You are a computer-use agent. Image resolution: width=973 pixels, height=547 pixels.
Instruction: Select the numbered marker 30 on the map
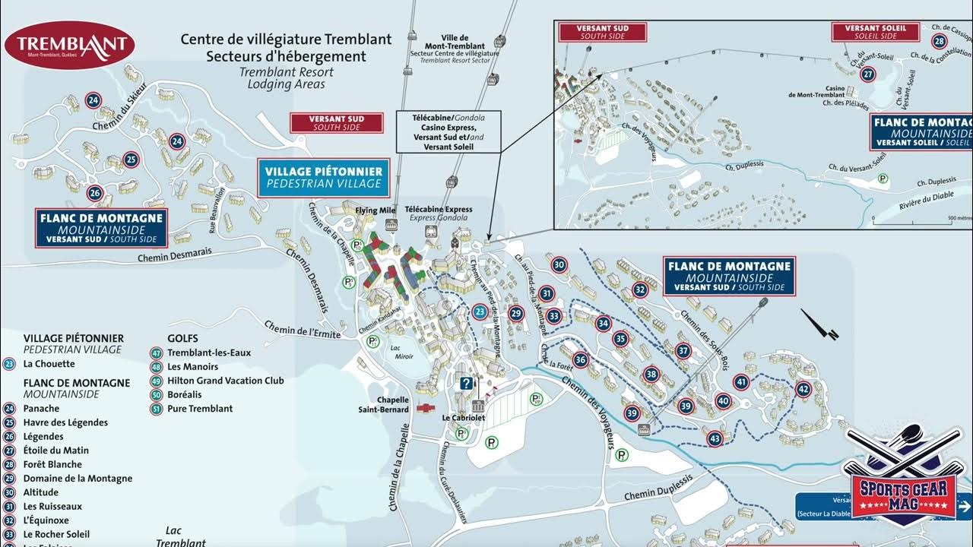(559, 265)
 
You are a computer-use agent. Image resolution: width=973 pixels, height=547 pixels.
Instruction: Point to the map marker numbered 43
(715, 438)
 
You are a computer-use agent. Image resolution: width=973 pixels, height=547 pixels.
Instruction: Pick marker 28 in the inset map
(940, 42)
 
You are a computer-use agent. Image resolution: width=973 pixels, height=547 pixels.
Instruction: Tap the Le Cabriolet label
(464, 418)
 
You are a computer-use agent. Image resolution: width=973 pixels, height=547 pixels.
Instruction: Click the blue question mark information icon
(466, 384)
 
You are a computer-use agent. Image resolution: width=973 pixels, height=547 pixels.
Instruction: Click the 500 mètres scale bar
(920, 221)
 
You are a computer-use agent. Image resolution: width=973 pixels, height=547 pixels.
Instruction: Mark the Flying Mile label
(376, 210)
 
